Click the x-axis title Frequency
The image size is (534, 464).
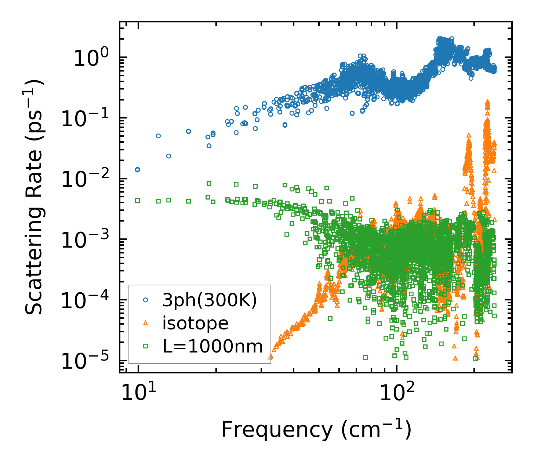pyautogui.click(x=316, y=430)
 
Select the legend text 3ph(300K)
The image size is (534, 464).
pyautogui.click(x=210, y=300)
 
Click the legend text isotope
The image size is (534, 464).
pyautogui.click(x=195, y=323)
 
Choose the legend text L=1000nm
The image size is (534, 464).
pyautogui.click(x=212, y=346)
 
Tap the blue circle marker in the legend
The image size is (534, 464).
pyautogui.click(x=146, y=300)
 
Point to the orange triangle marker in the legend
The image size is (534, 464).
pyautogui.click(x=146, y=323)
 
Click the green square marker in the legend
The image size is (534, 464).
pyautogui.click(x=146, y=346)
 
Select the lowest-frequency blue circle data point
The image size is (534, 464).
pyautogui.click(x=137, y=169)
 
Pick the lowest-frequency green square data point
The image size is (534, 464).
pyautogui.click(x=138, y=200)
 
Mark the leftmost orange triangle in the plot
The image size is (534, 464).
pyautogui.click(x=270, y=356)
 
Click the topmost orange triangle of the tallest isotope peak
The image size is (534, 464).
pyautogui.click(x=488, y=101)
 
